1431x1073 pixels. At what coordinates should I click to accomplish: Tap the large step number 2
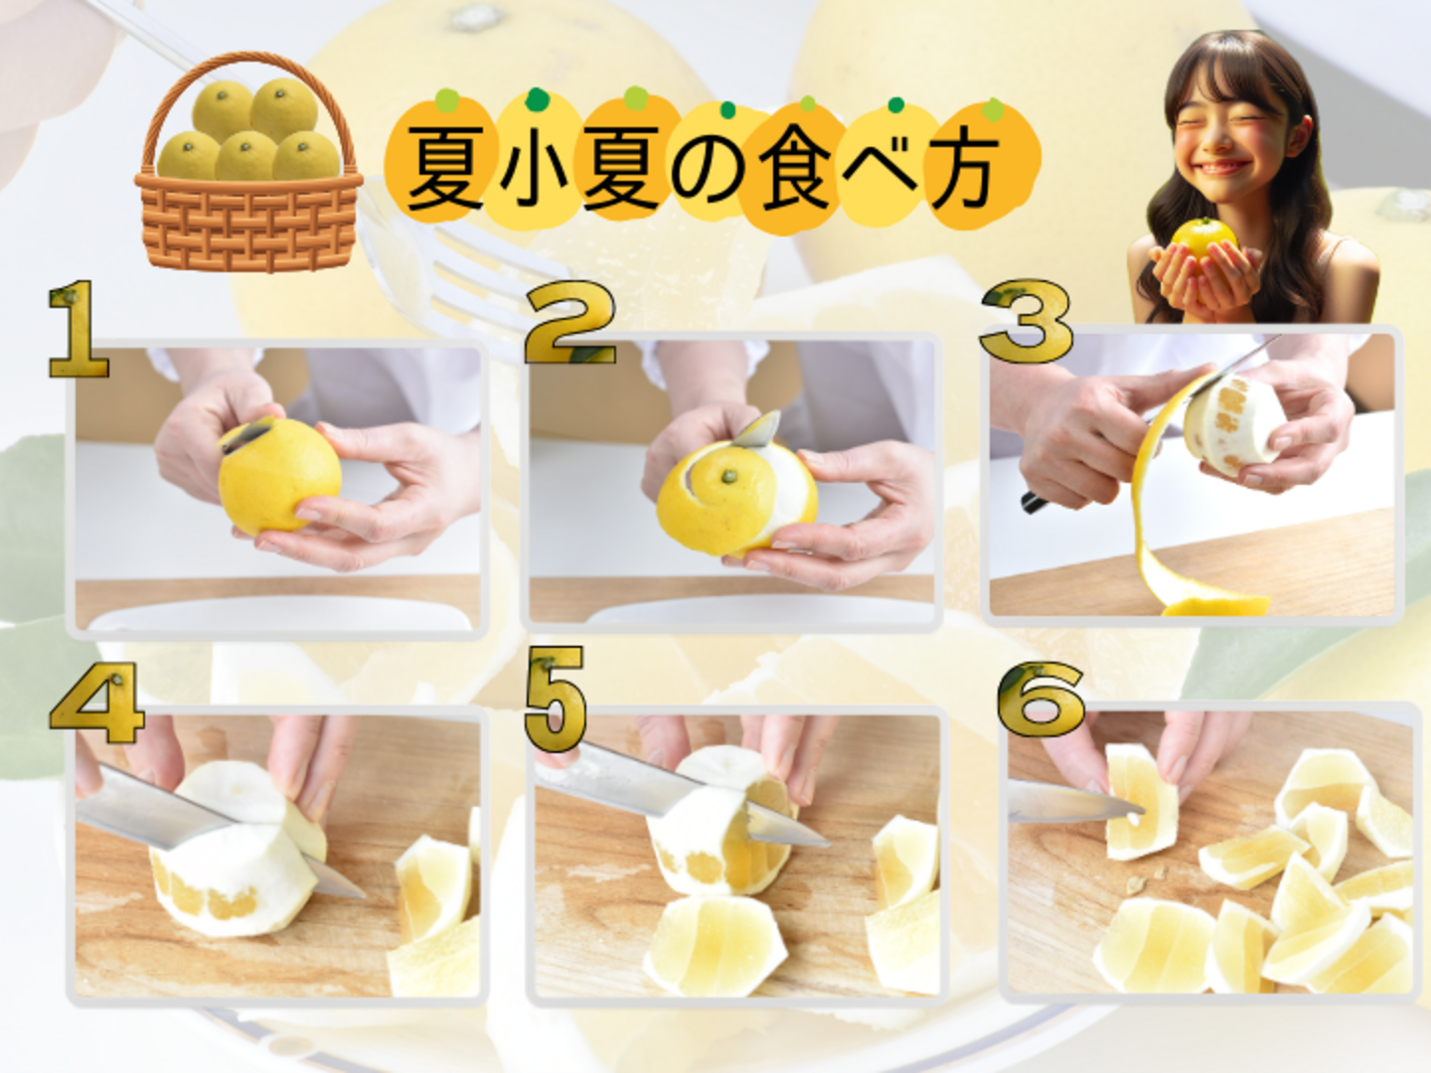pyautogui.click(x=570, y=322)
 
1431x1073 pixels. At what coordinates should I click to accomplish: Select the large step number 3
pyautogui.click(x=1027, y=321)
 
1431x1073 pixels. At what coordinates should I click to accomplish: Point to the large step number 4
pyautogui.click(x=96, y=703)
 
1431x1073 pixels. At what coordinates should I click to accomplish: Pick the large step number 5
pyautogui.click(x=556, y=697)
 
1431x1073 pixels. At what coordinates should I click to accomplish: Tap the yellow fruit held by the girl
pyautogui.click(x=1203, y=239)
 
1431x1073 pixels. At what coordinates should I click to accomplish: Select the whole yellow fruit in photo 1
pyautogui.click(x=279, y=474)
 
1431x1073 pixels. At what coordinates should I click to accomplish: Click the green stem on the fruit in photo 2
pyautogui.click(x=726, y=476)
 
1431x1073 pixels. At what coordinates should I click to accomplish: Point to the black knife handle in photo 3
pyautogui.click(x=1034, y=502)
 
